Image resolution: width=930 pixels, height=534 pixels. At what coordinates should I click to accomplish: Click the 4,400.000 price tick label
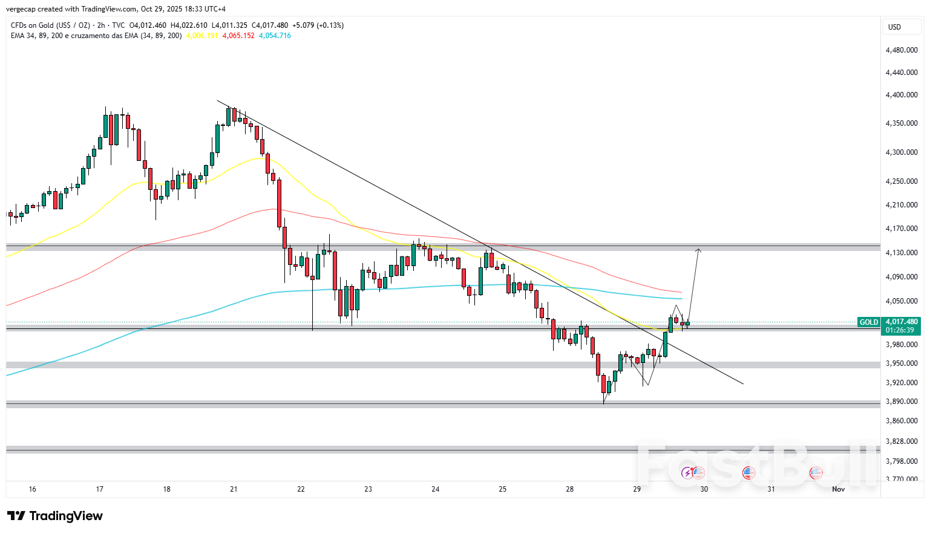click(x=901, y=95)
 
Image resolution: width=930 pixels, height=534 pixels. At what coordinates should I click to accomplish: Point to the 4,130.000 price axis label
click(x=901, y=253)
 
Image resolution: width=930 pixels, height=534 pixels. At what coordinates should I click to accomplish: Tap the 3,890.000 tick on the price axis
click(x=901, y=402)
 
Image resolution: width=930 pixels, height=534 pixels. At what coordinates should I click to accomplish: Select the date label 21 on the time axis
click(x=234, y=489)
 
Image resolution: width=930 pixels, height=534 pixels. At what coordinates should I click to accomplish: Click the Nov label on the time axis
click(x=838, y=489)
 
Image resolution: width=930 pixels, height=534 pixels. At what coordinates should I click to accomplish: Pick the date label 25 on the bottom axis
click(x=502, y=489)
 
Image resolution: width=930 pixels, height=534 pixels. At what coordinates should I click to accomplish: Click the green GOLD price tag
click(x=869, y=322)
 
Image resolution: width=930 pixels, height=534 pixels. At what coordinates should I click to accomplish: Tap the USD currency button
click(x=894, y=27)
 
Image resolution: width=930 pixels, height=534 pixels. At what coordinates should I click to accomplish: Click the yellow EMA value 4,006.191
click(x=202, y=36)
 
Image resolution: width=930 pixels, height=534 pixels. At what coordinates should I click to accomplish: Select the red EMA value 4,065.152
click(x=238, y=36)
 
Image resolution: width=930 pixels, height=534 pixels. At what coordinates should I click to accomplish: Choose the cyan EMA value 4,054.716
click(x=275, y=36)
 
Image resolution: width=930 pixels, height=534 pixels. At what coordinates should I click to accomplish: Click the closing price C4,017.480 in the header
click(x=270, y=25)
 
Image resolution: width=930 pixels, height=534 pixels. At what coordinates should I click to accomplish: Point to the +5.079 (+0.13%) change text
click(x=318, y=25)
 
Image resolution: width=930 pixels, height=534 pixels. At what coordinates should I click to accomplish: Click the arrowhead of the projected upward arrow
click(x=698, y=250)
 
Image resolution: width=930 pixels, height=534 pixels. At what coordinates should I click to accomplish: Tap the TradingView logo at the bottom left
click(x=55, y=516)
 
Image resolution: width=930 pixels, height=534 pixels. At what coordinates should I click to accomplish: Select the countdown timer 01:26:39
click(x=899, y=330)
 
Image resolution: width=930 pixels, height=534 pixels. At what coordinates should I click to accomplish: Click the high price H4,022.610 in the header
click(x=189, y=25)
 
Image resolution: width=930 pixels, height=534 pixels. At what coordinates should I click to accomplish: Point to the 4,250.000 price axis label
click(x=901, y=181)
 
